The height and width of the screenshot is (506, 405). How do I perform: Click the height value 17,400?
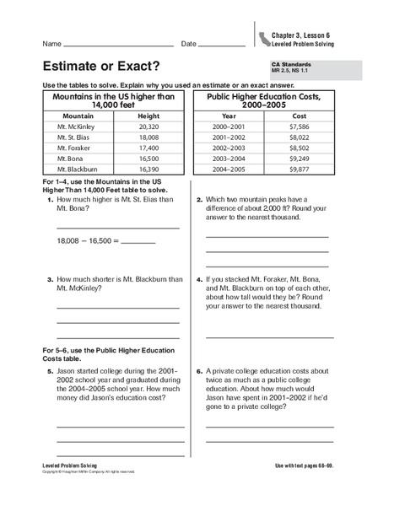tap(148, 156)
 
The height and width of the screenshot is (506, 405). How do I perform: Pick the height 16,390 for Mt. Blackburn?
tap(148, 180)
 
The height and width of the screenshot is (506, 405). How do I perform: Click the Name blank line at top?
tap(118, 44)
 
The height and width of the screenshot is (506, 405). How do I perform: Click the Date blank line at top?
tap(220, 44)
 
